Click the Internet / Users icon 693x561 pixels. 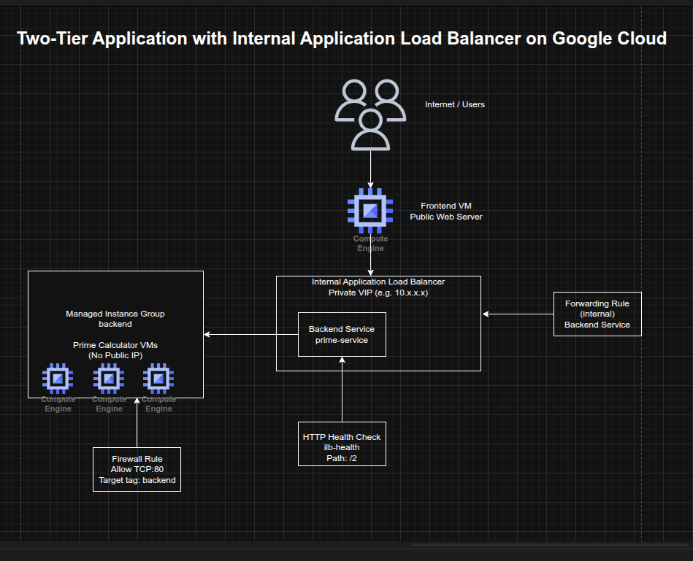click(x=370, y=115)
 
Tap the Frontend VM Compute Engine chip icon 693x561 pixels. click(x=370, y=211)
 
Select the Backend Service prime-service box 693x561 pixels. click(x=342, y=335)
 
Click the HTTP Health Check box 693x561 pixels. click(x=342, y=444)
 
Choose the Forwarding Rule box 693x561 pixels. click(x=597, y=314)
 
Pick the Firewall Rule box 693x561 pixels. click(x=137, y=470)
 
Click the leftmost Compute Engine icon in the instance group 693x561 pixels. click(x=58, y=378)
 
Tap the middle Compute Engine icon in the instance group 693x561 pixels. click(x=109, y=378)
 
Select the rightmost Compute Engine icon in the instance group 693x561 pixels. click(x=158, y=378)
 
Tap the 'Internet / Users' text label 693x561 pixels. click(x=455, y=104)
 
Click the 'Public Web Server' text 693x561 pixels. click(x=445, y=217)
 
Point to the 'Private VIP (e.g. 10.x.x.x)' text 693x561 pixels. click(x=378, y=292)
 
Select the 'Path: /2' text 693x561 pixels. click(x=342, y=458)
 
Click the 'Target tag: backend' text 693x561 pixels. click(x=137, y=481)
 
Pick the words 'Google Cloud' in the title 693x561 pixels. click(x=609, y=39)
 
